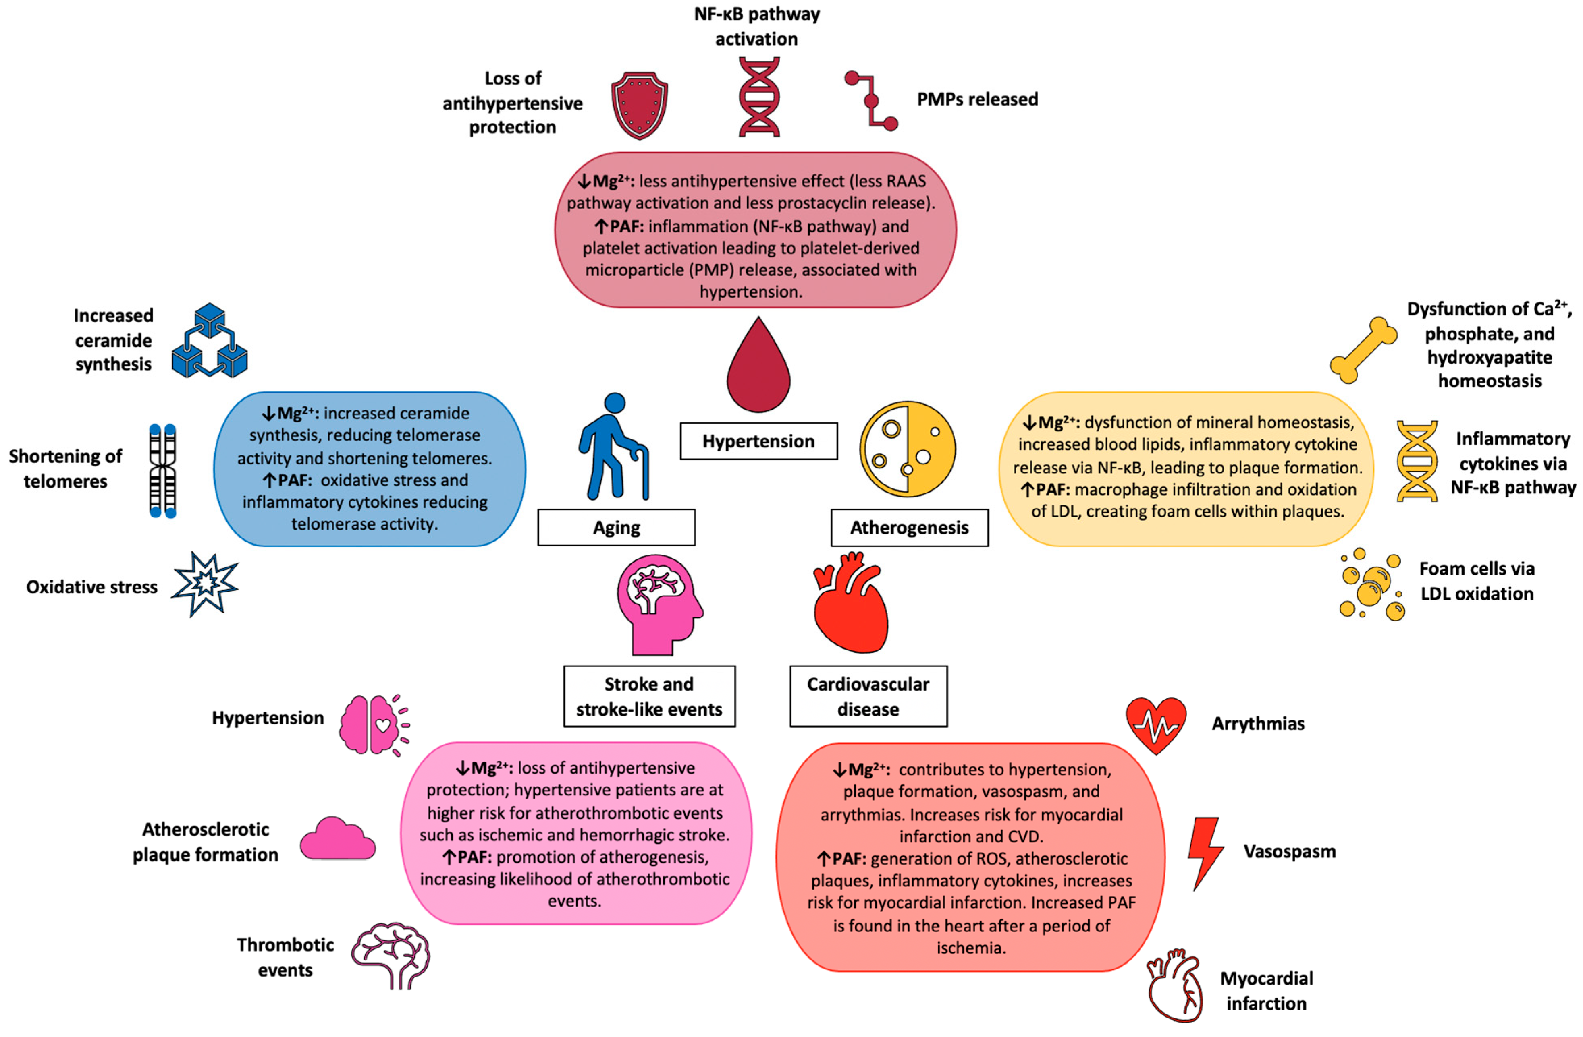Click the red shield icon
tap(639, 105)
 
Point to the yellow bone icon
tap(1363, 350)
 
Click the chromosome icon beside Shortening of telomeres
tap(162, 471)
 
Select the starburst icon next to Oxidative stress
tap(204, 584)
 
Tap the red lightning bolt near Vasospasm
tap(1205, 853)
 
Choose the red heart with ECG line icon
tap(1156, 725)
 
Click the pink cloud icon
tap(337, 840)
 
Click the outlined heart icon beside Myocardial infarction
tap(1175, 985)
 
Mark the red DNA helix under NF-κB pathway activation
tap(759, 97)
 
